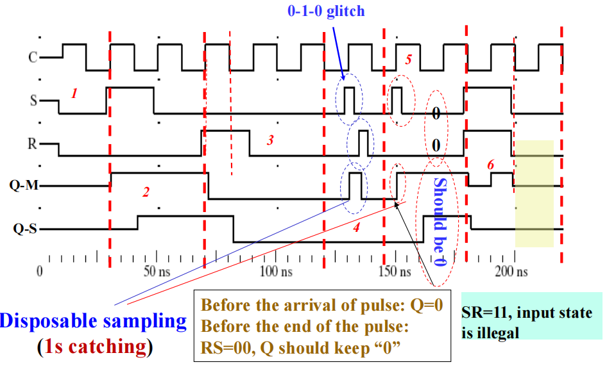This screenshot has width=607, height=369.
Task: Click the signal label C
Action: (x=33, y=58)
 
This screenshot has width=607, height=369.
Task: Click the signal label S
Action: (x=33, y=100)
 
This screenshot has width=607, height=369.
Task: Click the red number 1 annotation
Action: (x=74, y=94)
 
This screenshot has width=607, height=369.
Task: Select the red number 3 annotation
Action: (x=270, y=140)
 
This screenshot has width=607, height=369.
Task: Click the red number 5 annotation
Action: (x=408, y=58)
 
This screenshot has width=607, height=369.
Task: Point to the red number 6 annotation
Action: (x=491, y=164)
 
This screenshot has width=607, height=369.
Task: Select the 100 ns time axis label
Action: (x=273, y=272)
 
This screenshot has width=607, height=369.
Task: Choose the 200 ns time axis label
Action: (x=511, y=272)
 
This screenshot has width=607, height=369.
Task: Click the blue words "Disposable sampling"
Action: (x=94, y=321)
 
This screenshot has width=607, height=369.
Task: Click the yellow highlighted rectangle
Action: (x=534, y=193)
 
